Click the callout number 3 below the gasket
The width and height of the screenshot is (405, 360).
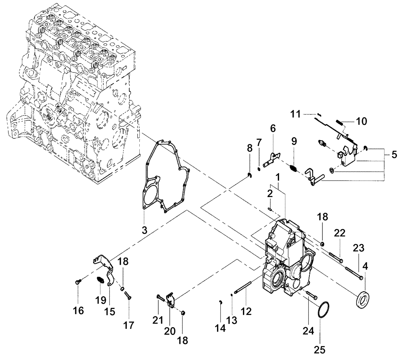tap(145, 230)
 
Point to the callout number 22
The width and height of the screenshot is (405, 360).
tap(339, 232)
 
